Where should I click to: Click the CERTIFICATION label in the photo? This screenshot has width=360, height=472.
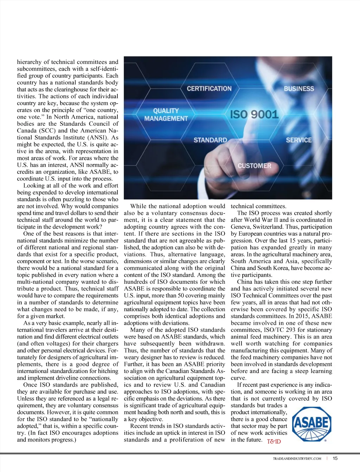[209, 88]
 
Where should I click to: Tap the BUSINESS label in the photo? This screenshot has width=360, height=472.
[299, 88]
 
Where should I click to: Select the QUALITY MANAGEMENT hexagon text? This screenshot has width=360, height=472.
[166, 115]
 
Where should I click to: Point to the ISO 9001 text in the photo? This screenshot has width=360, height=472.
[254, 114]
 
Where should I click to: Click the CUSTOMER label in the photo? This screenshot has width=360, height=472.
[254, 165]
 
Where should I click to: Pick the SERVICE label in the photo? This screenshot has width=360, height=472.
[298, 140]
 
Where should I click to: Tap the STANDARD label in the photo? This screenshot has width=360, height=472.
[210, 140]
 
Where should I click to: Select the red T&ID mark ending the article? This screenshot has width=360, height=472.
[274, 441]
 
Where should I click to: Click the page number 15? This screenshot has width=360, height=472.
[335, 458]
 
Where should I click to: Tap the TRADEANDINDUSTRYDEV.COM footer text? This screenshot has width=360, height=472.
[297, 458]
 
